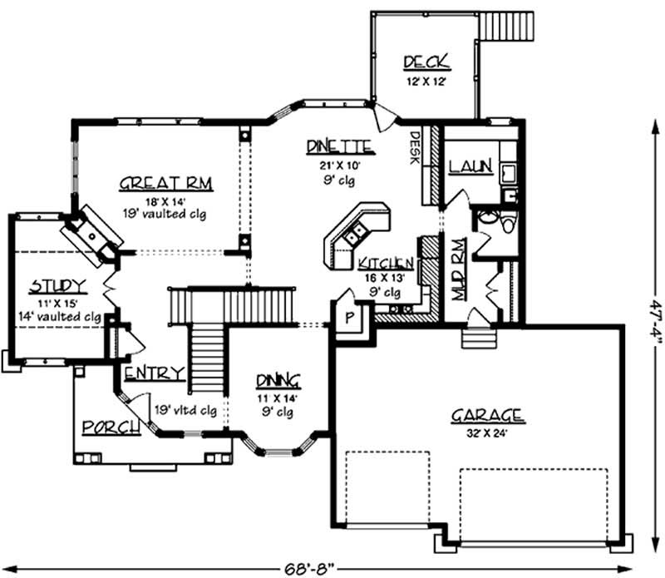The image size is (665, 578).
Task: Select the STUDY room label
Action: (x=57, y=287)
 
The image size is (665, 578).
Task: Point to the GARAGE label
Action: (x=487, y=415)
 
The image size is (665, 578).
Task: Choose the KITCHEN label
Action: (x=387, y=264)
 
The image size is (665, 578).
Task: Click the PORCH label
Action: (x=109, y=427)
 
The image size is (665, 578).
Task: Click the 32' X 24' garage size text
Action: (x=487, y=432)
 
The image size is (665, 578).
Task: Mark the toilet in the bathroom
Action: (x=498, y=222)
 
